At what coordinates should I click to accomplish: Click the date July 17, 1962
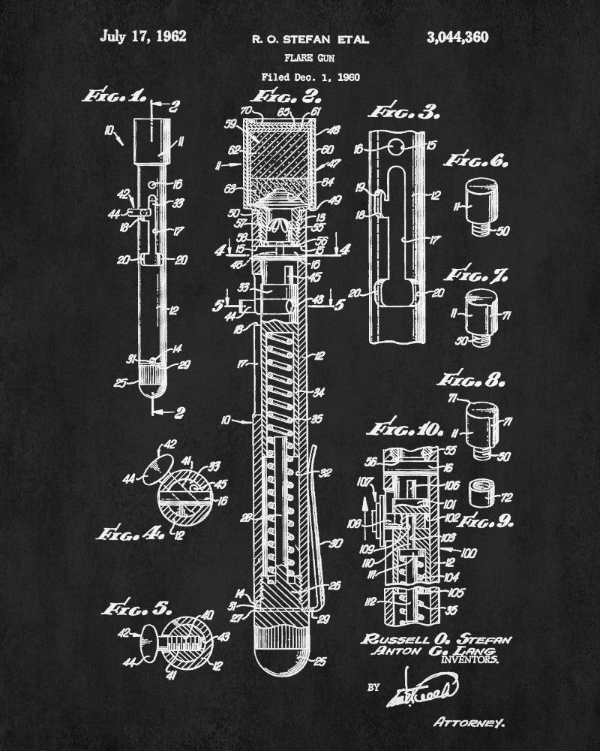pos(142,36)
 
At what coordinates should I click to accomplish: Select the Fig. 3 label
pos(404,113)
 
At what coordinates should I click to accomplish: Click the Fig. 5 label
pos(132,608)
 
